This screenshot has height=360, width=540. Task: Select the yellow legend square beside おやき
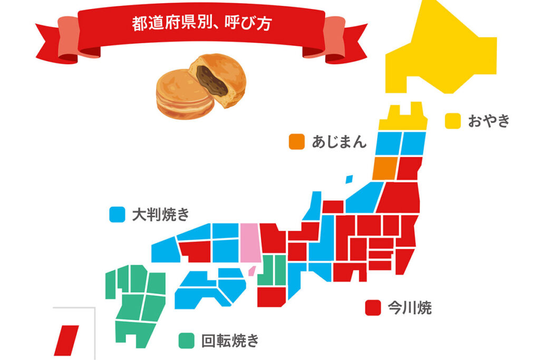click(452, 121)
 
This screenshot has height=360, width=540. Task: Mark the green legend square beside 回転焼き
click(186, 340)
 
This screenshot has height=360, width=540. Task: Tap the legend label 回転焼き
click(230, 340)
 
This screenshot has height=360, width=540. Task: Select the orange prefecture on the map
click(384, 168)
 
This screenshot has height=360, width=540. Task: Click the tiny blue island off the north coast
click(349, 179)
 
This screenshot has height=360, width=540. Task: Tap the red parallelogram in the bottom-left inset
click(67, 340)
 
